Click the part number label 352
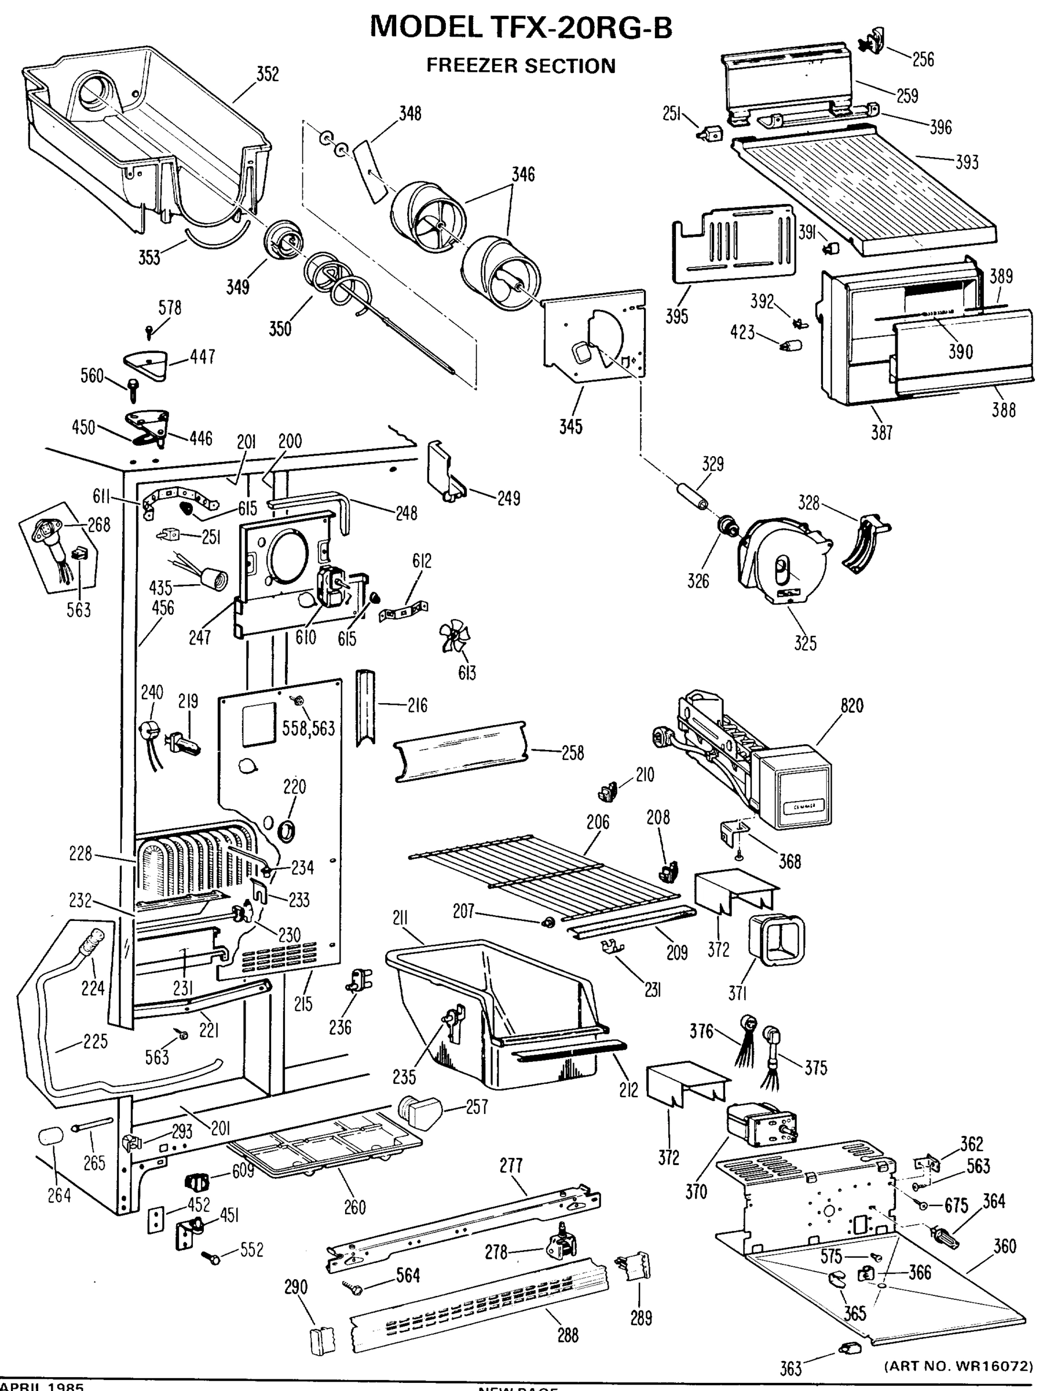[267, 74]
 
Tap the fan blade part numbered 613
[456, 638]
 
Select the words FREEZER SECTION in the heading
[521, 66]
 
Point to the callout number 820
[852, 705]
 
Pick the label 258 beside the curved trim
[572, 753]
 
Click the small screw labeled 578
[149, 329]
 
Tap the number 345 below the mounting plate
[570, 427]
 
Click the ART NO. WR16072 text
[958, 1366]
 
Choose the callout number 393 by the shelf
[967, 162]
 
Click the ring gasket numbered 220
[287, 831]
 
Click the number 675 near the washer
[956, 1206]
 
